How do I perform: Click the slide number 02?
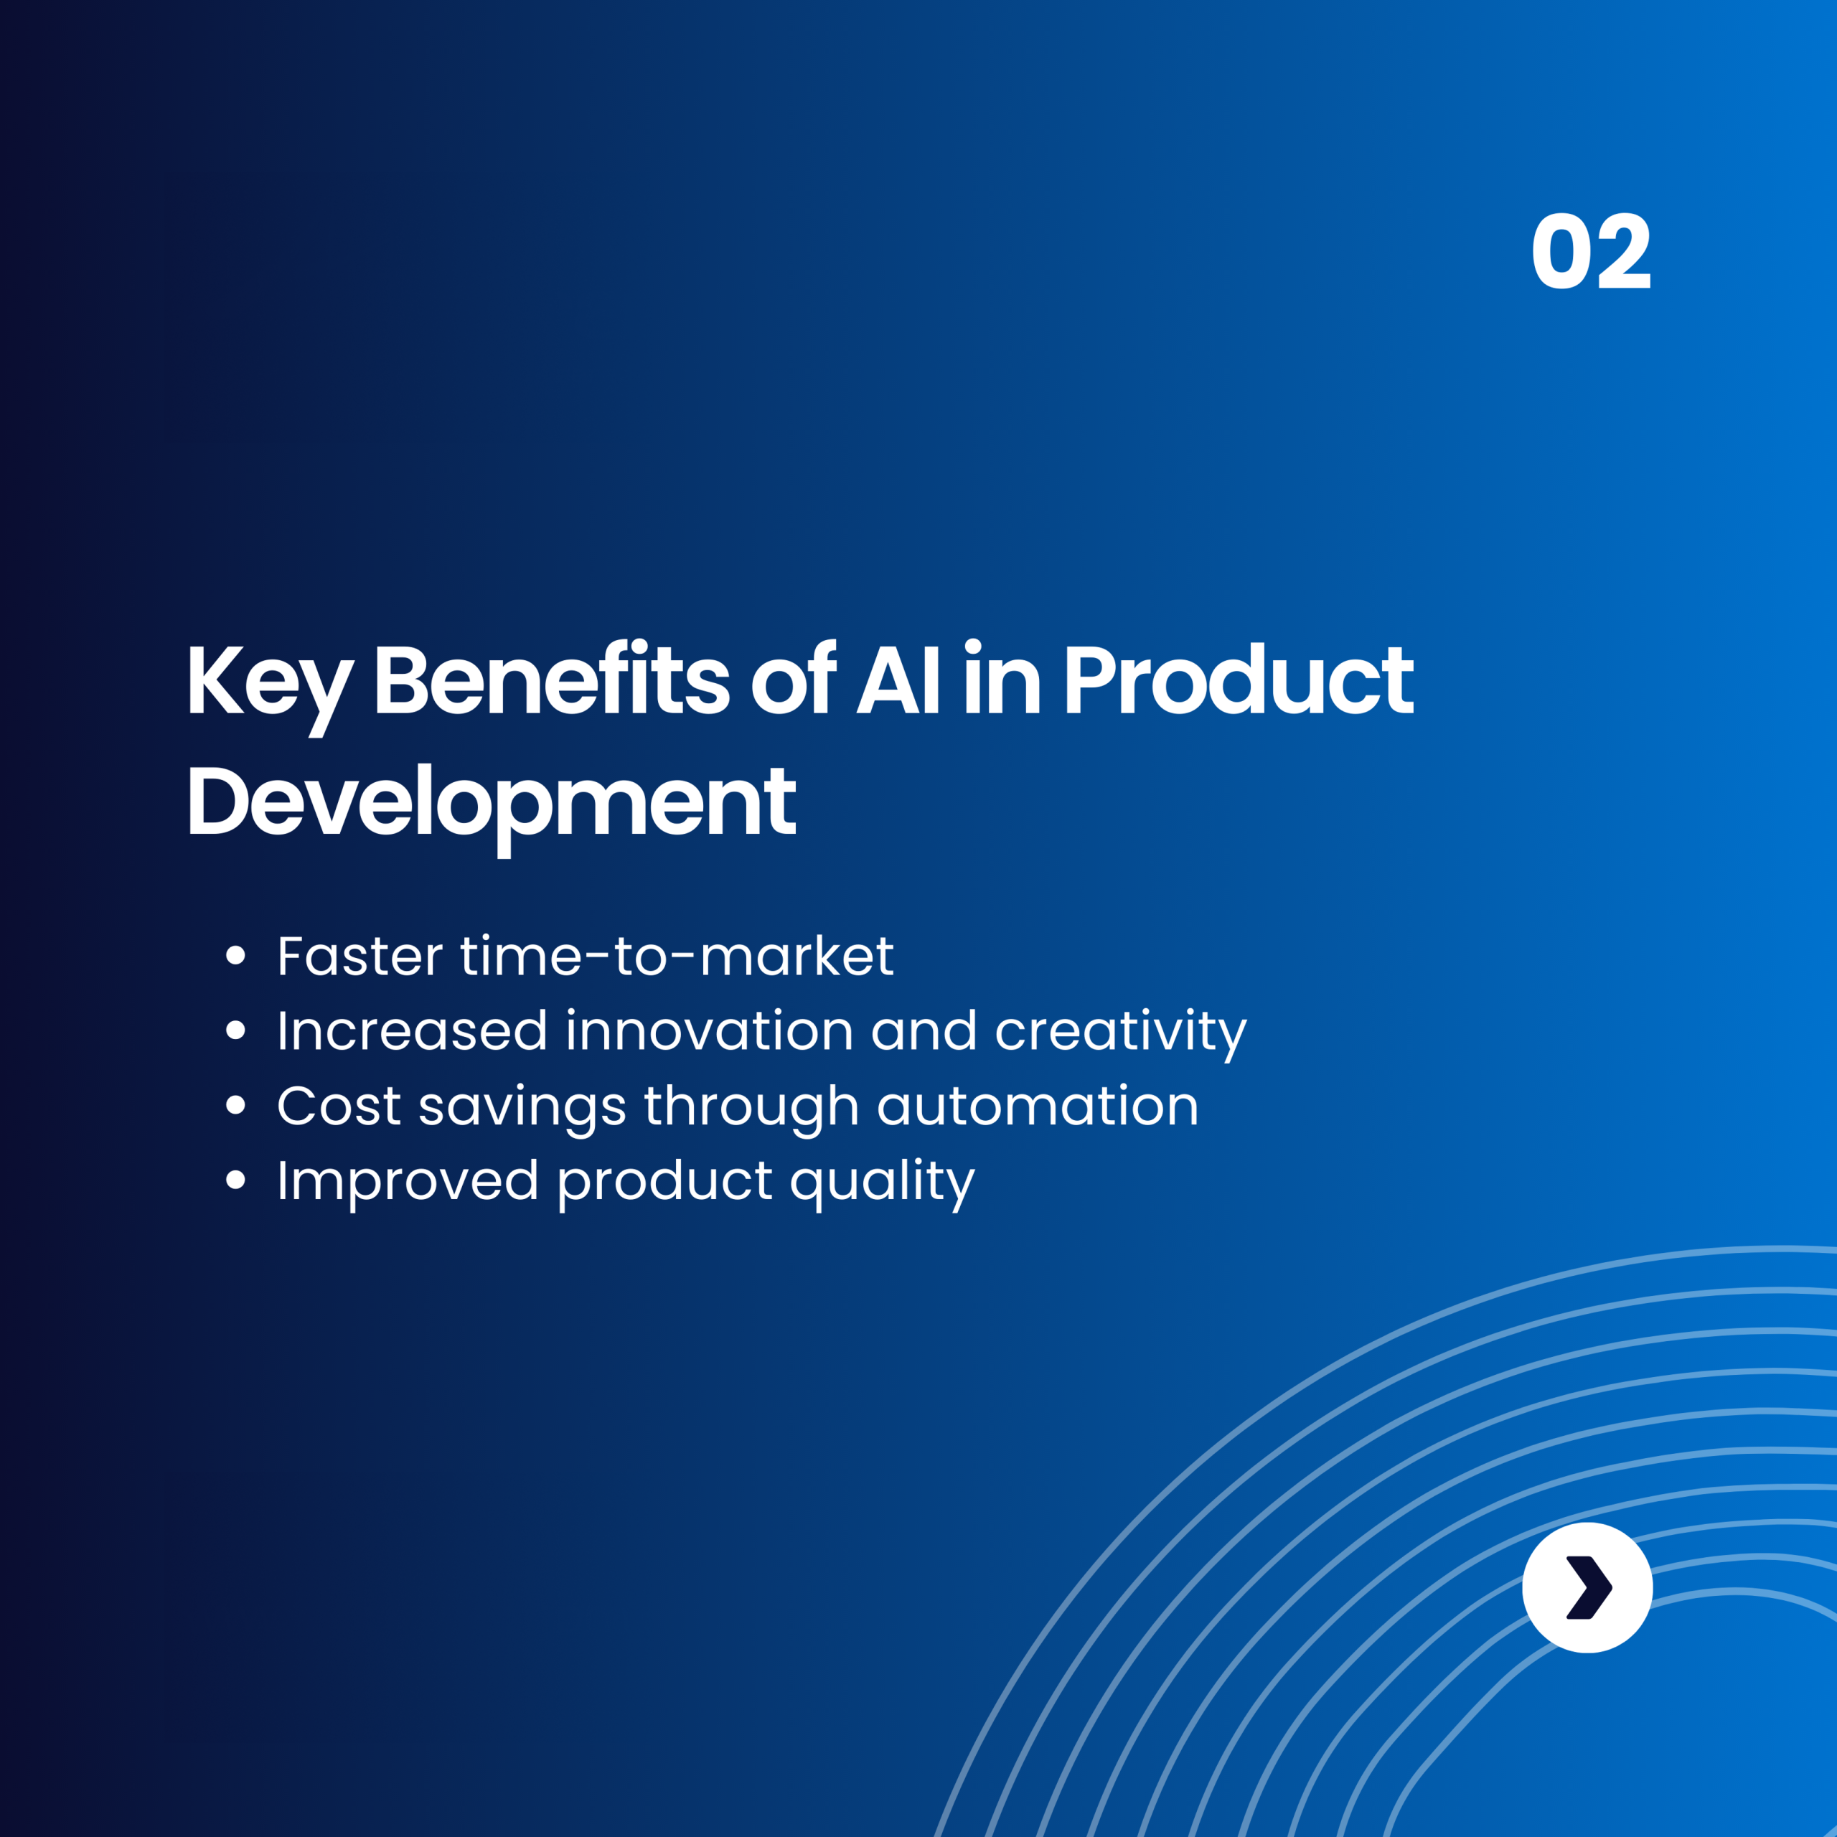tap(1591, 250)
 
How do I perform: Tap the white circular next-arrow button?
tap(1587, 1587)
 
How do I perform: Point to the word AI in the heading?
tap(898, 679)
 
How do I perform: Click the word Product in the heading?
tap(1239, 679)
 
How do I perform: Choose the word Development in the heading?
tap(492, 802)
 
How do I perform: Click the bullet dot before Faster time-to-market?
tap(236, 954)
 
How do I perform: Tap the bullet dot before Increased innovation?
tap(236, 1030)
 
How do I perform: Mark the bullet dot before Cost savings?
tap(236, 1105)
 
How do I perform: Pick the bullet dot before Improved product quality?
tap(236, 1180)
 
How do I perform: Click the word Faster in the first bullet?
tap(360, 956)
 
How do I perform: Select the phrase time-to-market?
tap(677, 956)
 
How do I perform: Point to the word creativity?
tap(1120, 1033)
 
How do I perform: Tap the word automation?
tap(1038, 1106)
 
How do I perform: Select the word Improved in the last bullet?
tap(408, 1182)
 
